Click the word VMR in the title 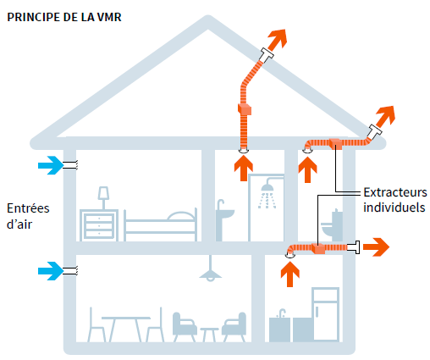[x=109, y=17]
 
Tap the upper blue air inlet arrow [x=51, y=165]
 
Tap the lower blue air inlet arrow [x=51, y=271]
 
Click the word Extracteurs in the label [x=395, y=192]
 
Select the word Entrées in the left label [x=28, y=208]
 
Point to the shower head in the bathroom [x=267, y=186]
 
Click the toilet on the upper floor [x=332, y=224]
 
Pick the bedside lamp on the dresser [x=103, y=197]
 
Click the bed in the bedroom [x=160, y=224]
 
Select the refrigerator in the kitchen [x=326, y=314]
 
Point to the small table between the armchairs [x=209, y=335]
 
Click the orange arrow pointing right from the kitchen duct [x=376, y=247]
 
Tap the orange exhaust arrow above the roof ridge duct [x=277, y=40]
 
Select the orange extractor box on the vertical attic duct [x=245, y=109]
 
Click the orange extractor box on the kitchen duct [x=318, y=248]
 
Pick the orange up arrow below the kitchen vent [x=290, y=274]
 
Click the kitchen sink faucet [x=282, y=313]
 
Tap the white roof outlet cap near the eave [x=374, y=131]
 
